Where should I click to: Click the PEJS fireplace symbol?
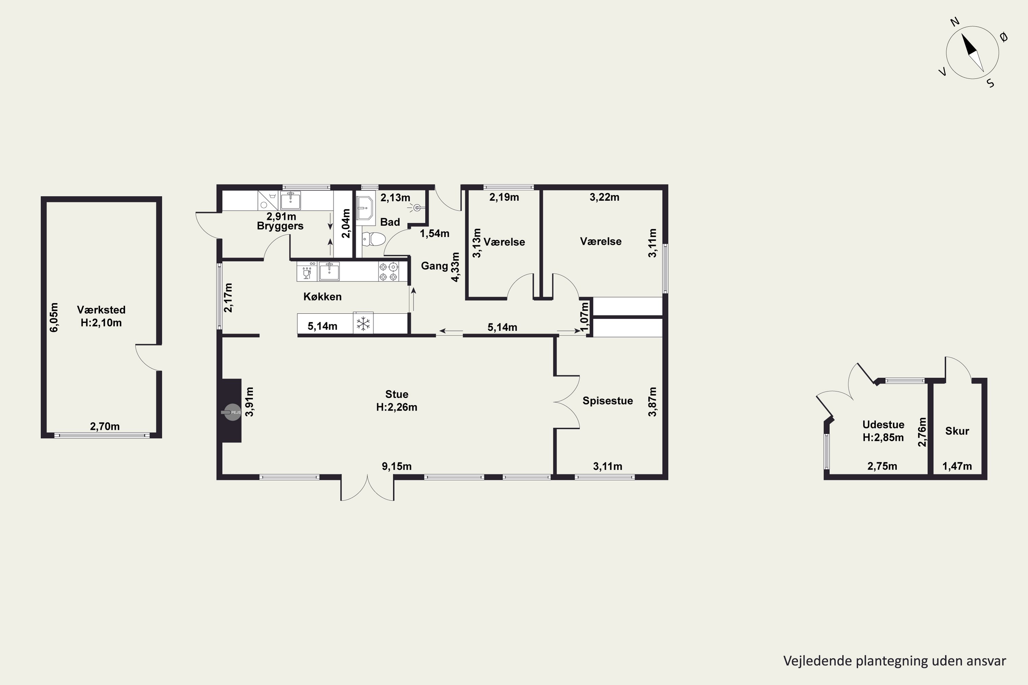pyautogui.click(x=233, y=412)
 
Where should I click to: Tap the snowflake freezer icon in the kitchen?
pyautogui.click(x=363, y=324)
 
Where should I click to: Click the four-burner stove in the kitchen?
pyautogui.click(x=389, y=271)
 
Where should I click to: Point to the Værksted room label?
pyautogui.click(x=101, y=310)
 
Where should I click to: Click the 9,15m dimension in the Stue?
pyautogui.click(x=397, y=466)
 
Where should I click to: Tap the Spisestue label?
pyautogui.click(x=608, y=401)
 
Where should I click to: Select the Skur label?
pyautogui.click(x=957, y=431)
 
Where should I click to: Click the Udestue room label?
pyautogui.click(x=883, y=425)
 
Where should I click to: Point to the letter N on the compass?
pyautogui.click(x=955, y=34)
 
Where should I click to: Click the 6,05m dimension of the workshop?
pyautogui.click(x=54, y=317)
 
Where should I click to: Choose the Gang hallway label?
pyautogui.click(x=435, y=266)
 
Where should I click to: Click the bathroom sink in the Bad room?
pyautogui.click(x=365, y=208)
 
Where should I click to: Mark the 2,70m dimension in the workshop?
pyautogui.click(x=105, y=426)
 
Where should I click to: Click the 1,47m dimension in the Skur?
pyautogui.click(x=957, y=466)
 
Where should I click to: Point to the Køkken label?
pyautogui.click(x=322, y=297)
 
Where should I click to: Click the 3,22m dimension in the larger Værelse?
pyautogui.click(x=604, y=197)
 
